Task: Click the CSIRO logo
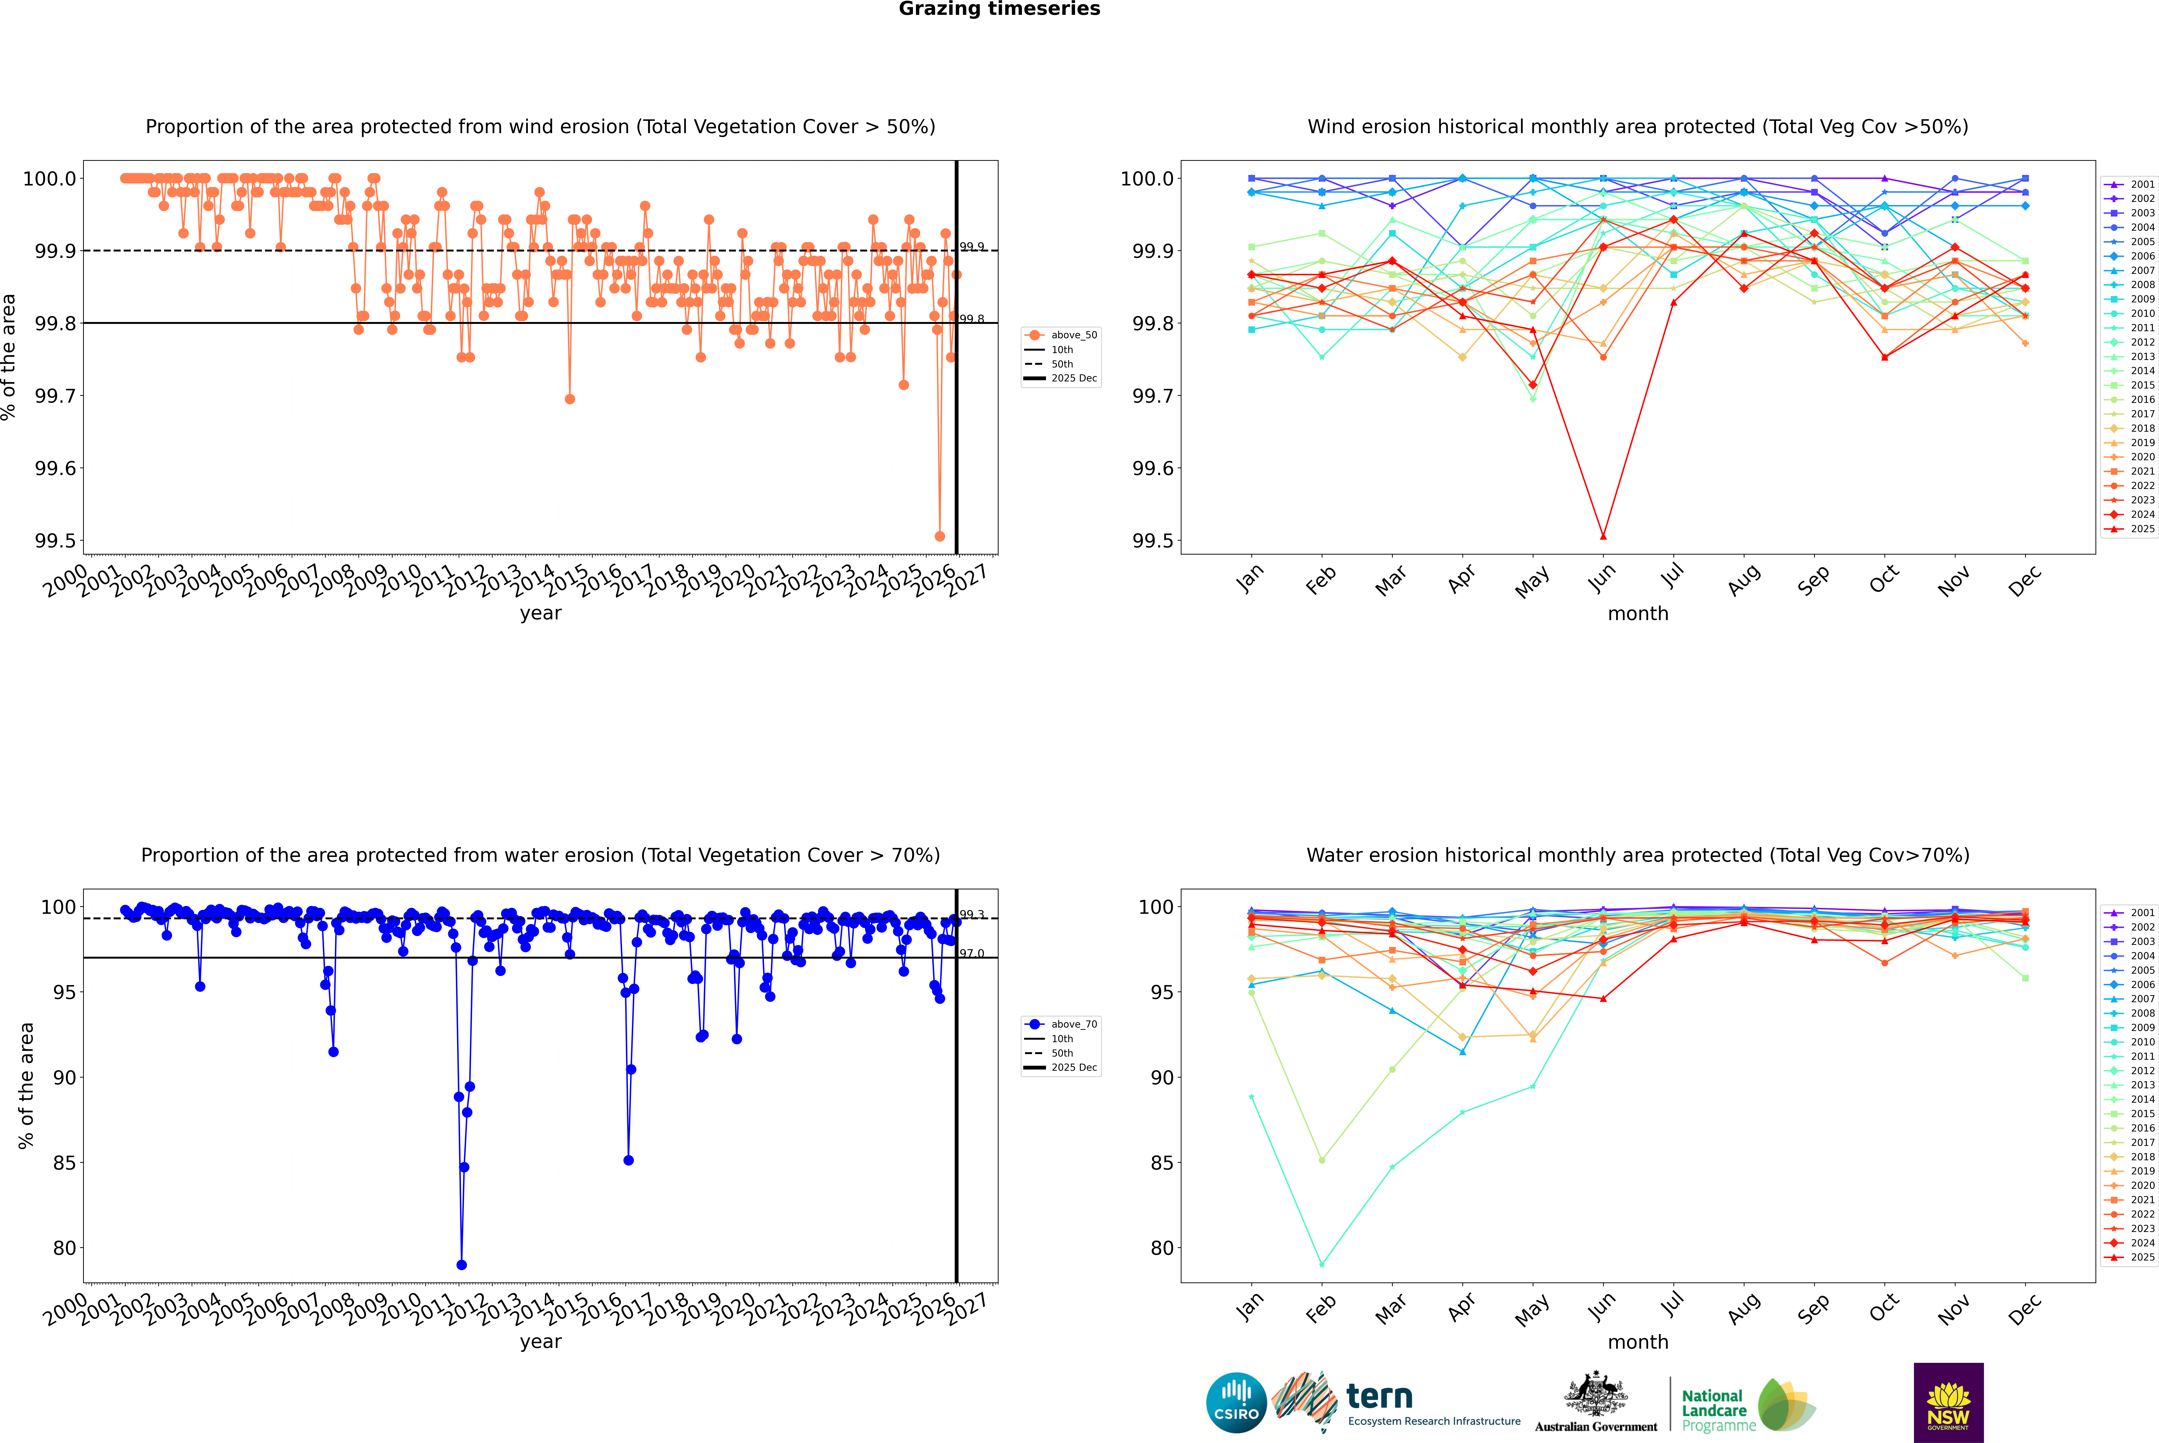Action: click(x=1236, y=1403)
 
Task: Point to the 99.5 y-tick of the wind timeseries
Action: click(x=55, y=541)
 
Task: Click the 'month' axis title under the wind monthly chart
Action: click(x=1637, y=614)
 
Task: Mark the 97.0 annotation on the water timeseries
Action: click(x=972, y=953)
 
